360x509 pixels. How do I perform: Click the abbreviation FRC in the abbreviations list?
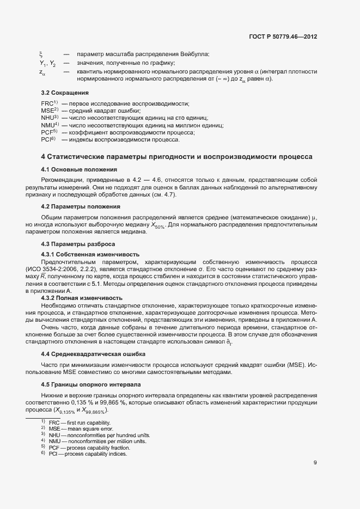[47, 103]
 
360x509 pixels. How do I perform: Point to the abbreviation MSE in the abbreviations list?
[47, 111]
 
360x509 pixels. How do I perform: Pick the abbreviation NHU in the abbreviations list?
[47, 118]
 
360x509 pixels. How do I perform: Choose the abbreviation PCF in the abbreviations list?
[47, 132]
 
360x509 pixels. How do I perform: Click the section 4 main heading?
[176, 157]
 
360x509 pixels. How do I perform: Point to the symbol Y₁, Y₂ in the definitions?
[47, 63]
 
